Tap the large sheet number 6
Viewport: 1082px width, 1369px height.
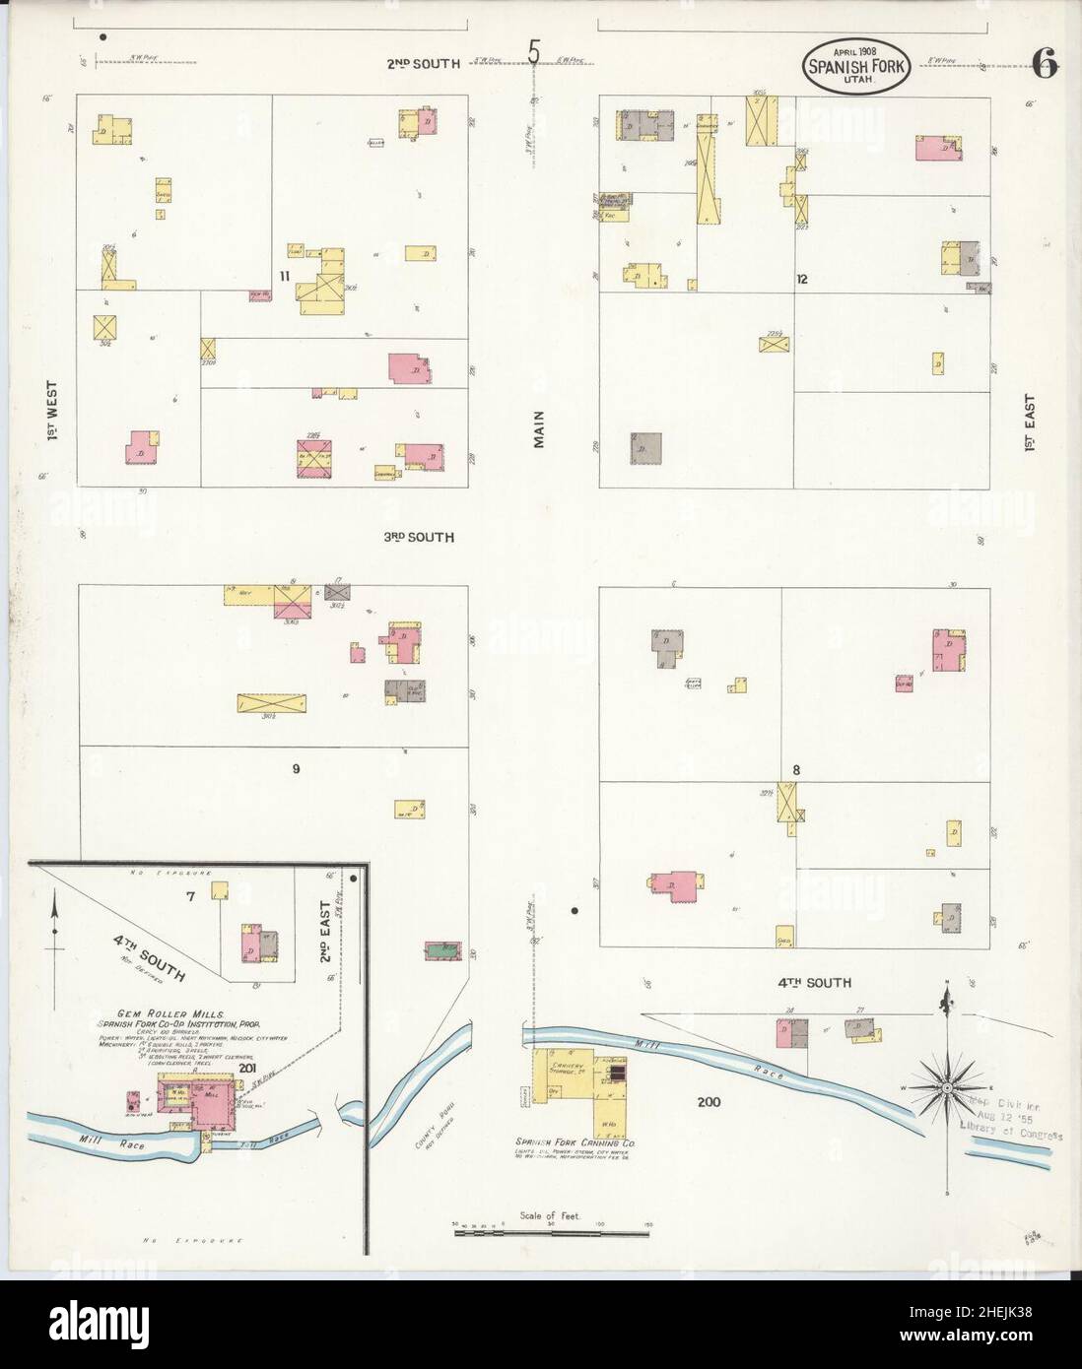pos(1046,66)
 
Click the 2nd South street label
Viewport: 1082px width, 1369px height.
pos(423,64)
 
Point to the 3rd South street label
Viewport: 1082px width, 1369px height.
pos(419,538)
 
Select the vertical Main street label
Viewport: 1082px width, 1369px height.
pos(539,429)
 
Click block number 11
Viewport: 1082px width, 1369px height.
pos(283,277)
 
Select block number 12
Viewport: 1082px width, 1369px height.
pos(802,279)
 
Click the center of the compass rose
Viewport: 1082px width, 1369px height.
pos(946,1087)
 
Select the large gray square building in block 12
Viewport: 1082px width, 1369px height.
pos(645,448)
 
